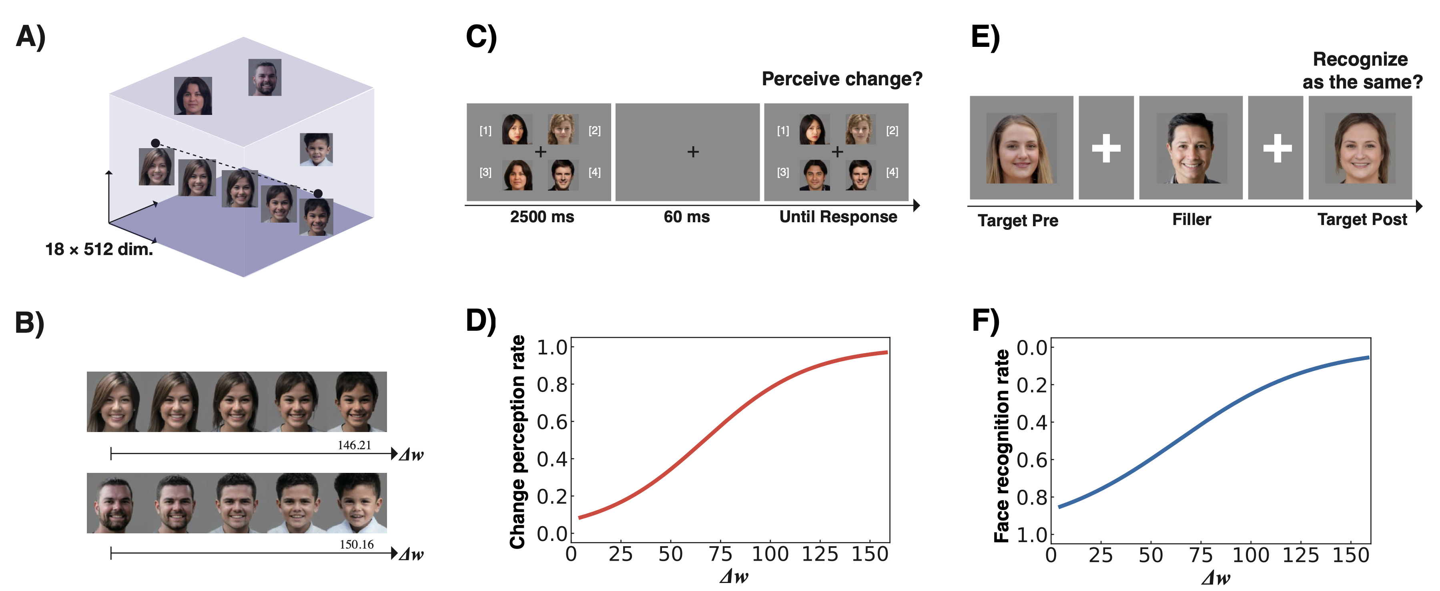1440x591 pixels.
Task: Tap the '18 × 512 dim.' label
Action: point(99,249)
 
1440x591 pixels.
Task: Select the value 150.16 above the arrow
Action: point(356,544)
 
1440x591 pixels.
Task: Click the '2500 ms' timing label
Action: point(542,217)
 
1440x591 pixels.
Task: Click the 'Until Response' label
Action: point(838,217)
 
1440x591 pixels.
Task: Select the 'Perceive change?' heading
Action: point(842,79)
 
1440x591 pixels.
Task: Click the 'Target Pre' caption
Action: point(1017,220)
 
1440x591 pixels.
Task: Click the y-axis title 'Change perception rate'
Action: point(517,442)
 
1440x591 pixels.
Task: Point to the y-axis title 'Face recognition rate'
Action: point(1001,446)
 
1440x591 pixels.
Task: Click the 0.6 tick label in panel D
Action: point(552,422)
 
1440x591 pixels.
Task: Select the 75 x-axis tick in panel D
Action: point(720,554)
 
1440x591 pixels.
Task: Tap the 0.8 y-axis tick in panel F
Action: point(1031,497)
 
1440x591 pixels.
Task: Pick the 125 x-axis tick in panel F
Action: point(1301,555)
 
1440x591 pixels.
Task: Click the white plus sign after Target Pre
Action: point(1106,148)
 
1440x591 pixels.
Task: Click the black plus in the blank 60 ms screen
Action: point(693,151)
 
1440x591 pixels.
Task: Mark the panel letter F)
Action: point(985,321)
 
